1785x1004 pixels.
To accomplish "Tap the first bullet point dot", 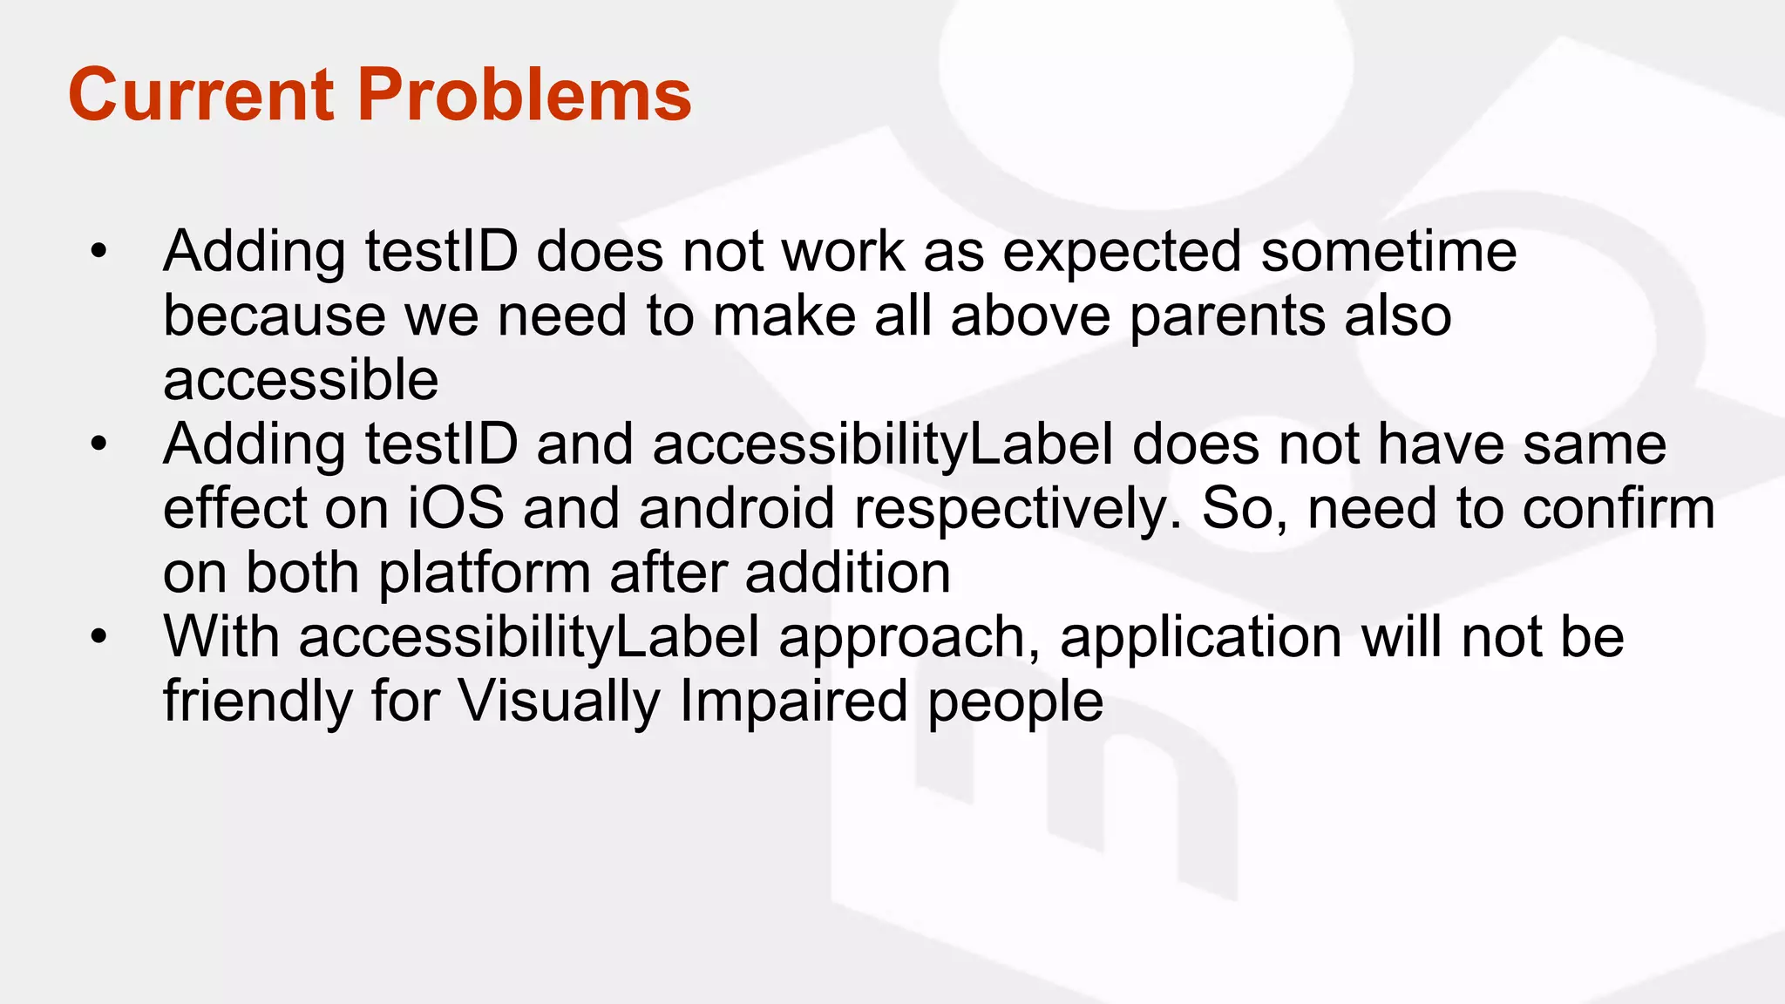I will click(98, 253).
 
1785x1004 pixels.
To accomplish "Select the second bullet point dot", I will click(98, 445).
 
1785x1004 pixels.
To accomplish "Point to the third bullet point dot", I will click(98, 638).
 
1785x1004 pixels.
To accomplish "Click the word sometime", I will click(1388, 253).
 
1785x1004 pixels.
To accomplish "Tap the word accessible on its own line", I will click(301, 381).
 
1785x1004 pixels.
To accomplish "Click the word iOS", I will click(456, 509).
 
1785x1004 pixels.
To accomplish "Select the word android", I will click(736, 509).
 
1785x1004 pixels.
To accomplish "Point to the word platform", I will click(485, 574).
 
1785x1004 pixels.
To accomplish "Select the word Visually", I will click(560, 702).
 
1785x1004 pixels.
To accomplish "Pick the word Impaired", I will click(793, 702).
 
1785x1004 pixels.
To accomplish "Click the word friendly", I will click(257, 702).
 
